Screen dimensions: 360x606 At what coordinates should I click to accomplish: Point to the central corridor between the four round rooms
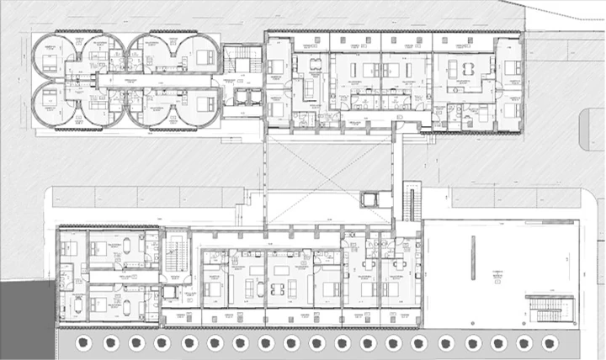(x=126, y=82)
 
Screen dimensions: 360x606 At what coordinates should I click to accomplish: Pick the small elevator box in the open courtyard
(x=369, y=199)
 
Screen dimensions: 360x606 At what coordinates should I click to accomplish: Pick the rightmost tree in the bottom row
(x=550, y=343)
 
